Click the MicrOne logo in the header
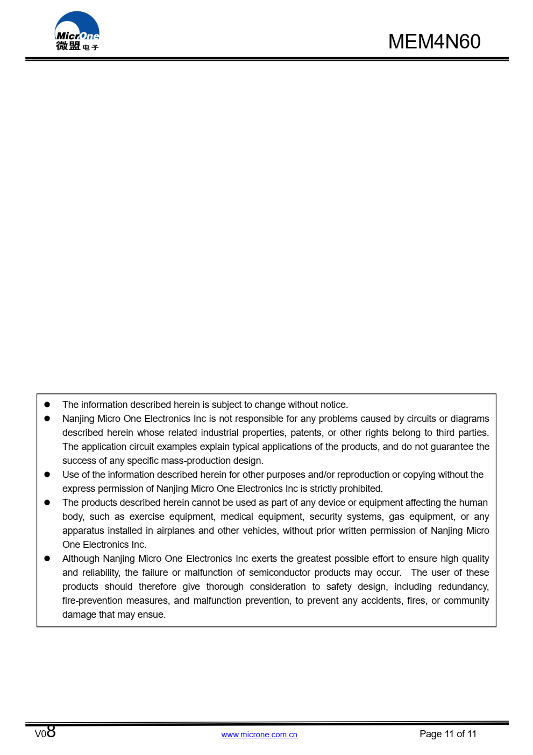pos(77,32)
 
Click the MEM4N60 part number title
pos(434,42)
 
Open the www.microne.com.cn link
pos(259,735)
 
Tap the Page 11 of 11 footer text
pos(447,734)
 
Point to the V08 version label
pos(45,732)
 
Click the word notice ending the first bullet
pos(333,405)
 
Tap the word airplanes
pos(175,531)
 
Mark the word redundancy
pos(463,587)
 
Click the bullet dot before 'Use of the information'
pos(47,475)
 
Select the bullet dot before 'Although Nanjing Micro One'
pos(47,559)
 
